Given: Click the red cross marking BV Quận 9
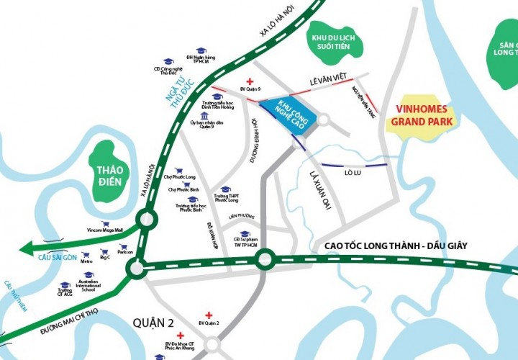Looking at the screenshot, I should click(250, 82).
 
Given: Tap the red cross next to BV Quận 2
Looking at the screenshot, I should click(209, 315).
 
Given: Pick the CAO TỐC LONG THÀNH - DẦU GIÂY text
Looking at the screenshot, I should click(396, 246).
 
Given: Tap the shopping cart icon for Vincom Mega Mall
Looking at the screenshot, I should click(106, 223).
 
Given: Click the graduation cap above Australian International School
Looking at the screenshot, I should click(88, 274).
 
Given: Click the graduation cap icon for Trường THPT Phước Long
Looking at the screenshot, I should click(225, 190).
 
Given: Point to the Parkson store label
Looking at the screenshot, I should click(126, 252).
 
